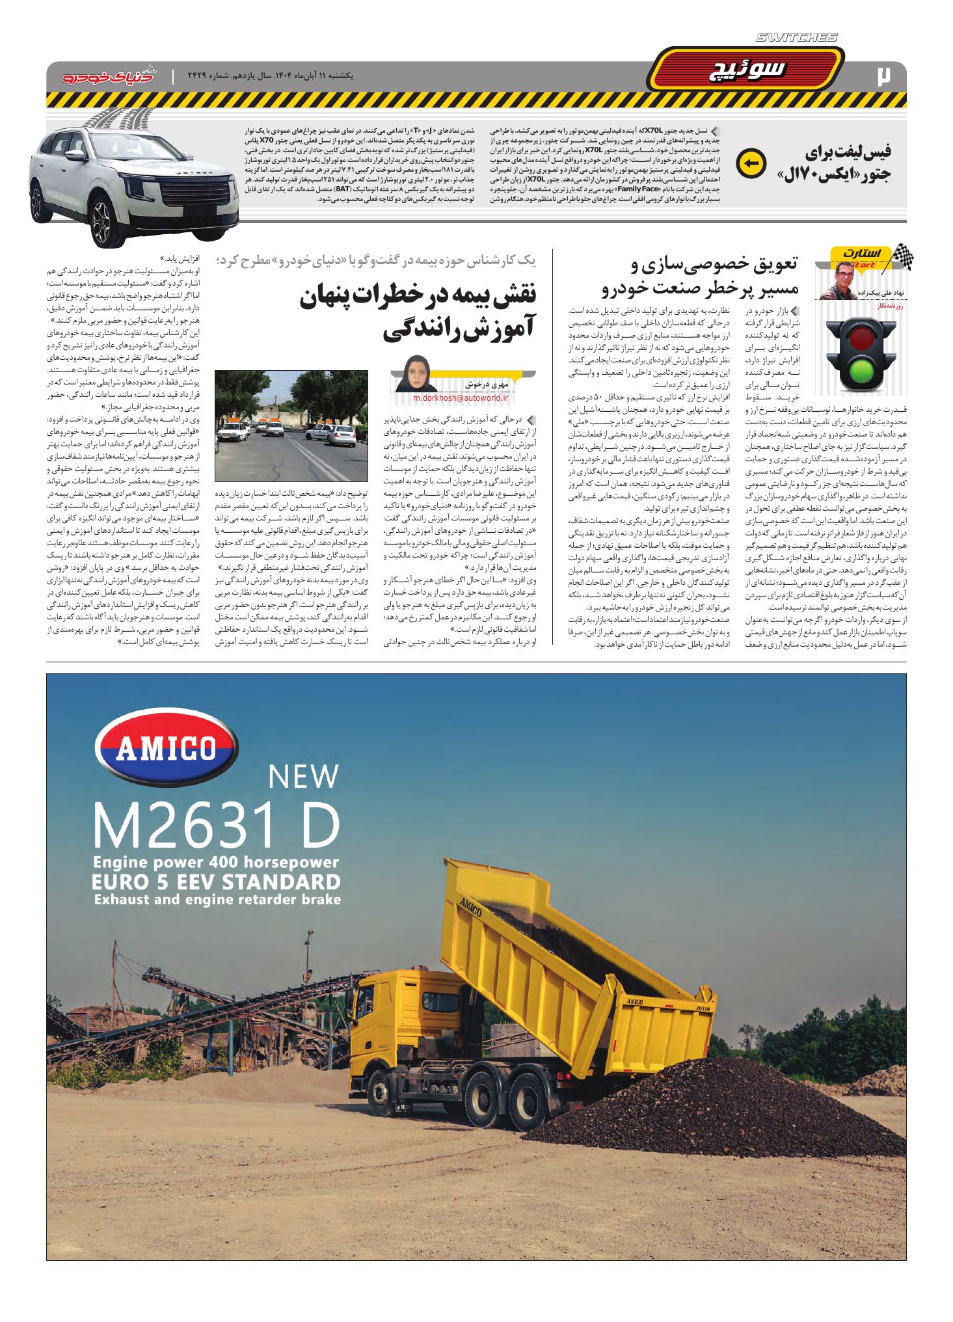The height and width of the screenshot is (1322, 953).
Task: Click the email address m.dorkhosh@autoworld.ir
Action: [459, 398]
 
